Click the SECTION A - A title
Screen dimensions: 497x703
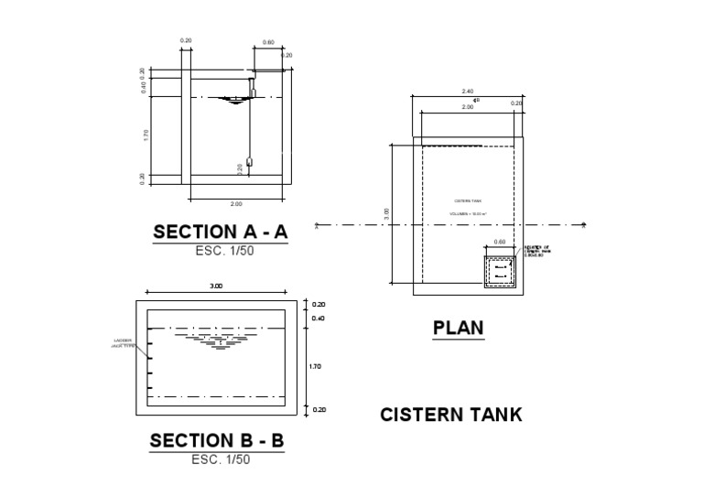[220, 232]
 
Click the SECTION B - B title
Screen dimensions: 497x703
[217, 440]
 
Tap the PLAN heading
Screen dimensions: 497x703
[458, 327]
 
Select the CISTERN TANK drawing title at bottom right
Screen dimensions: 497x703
[451, 415]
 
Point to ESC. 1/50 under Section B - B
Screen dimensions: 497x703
[220, 459]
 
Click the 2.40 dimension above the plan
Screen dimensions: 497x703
[467, 92]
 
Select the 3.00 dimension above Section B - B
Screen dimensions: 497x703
[216, 286]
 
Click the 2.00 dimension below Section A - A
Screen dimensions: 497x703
[236, 203]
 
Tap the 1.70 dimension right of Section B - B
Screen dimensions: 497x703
[317, 366]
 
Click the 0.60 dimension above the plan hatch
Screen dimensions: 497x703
[499, 243]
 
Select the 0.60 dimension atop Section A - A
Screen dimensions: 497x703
[268, 42]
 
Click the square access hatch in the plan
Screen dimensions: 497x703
[500, 270]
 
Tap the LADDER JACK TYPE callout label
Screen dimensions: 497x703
[123, 343]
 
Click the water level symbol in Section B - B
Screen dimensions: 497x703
[218, 340]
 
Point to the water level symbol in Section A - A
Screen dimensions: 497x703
[234, 100]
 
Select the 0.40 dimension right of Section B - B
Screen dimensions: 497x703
[319, 319]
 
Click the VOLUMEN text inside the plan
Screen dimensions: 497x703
[467, 213]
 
